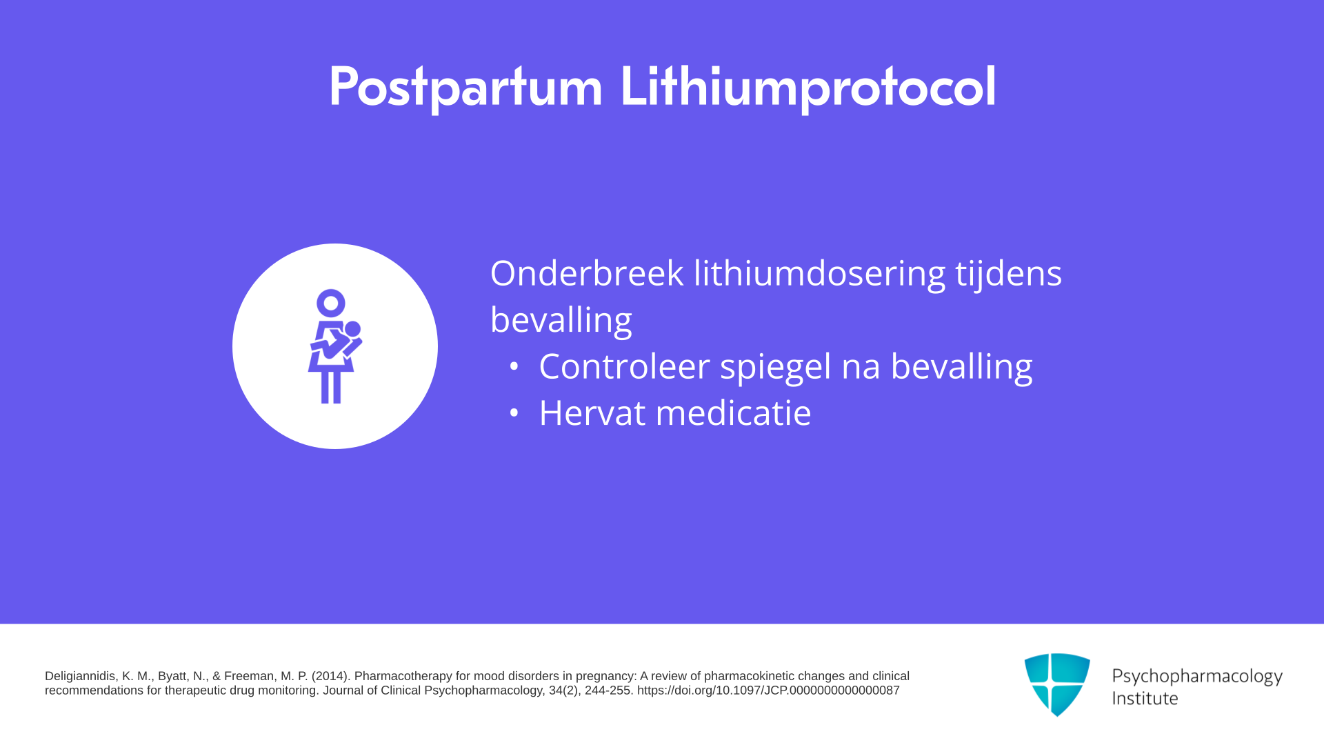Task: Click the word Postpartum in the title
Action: pyautogui.click(x=465, y=88)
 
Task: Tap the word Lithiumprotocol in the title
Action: pyautogui.click(x=808, y=88)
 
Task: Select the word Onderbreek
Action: pyautogui.click(x=587, y=273)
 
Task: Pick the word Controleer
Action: pyautogui.click(x=624, y=366)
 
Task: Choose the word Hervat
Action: pyautogui.click(x=592, y=413)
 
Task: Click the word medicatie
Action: pyautogui.click(x=733, y=413)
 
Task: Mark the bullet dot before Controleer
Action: pyautogui.click(x=513, y=366)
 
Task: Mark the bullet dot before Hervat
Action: pyautogui.click(x=513, y=413)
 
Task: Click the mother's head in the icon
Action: pyautogui.click(x=331, y=303)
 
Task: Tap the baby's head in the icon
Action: pyautogui.click(x=352, y=329)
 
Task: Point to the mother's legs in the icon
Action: pyautogui.click(x=331, y=387)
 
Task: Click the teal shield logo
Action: pyautogui.click(x=1057, y=684)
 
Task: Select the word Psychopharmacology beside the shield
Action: pyautogui.click(x=1197, y=677)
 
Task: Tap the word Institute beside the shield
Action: pyautogui.click(x=1145, y=698)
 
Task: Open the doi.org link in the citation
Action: pyautogui.click(x=768, y=691)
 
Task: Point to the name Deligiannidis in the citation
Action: pyautogui.click(x=79, y=676)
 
